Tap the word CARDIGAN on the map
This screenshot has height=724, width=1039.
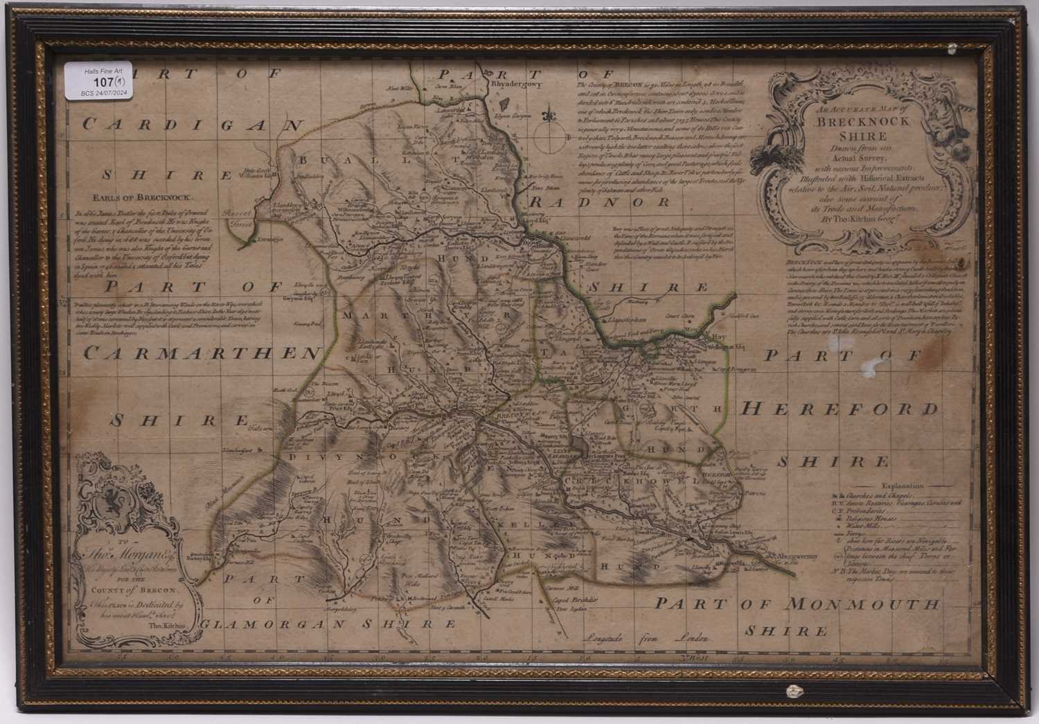(x=193, y=125)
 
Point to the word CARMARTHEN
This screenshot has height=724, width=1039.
(x=199, y=353)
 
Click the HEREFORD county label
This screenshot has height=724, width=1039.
(x=840, y=409)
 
